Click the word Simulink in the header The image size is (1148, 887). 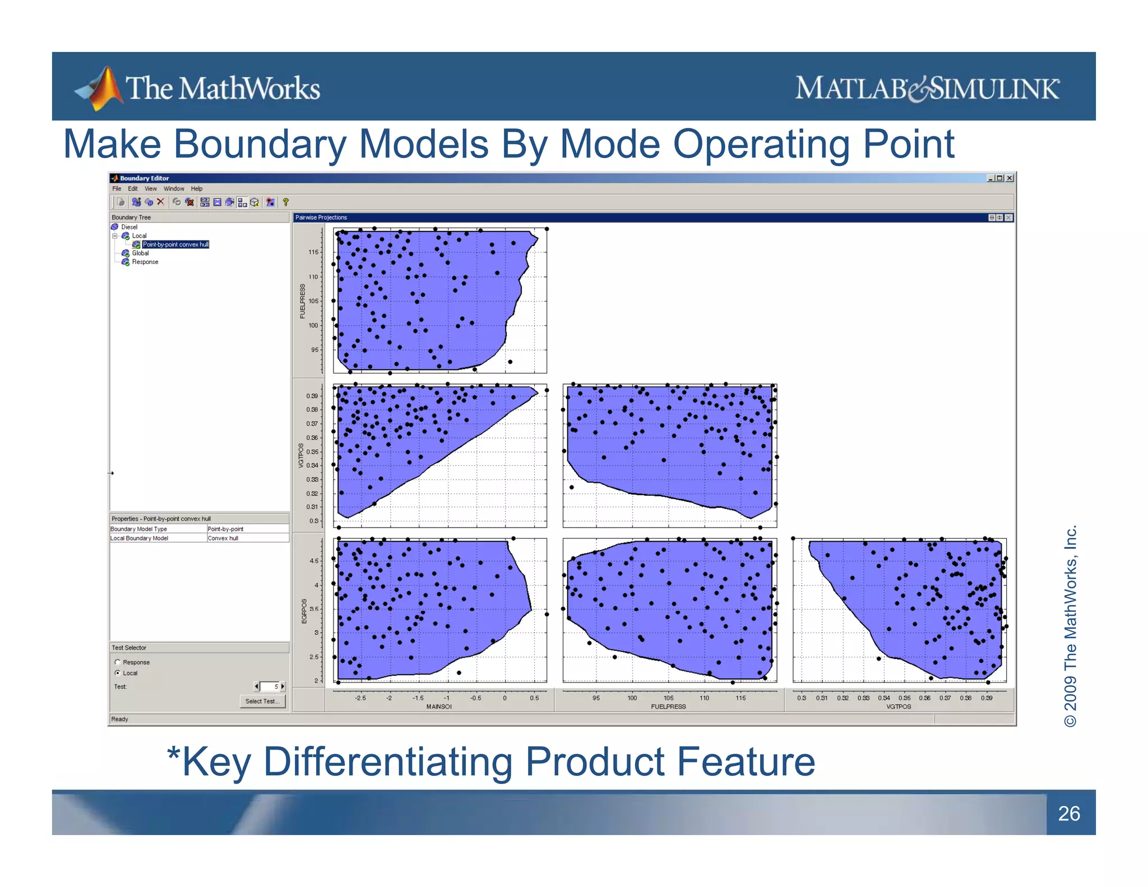[x=995, y=89]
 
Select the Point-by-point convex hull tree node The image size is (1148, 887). [x=175, y=244]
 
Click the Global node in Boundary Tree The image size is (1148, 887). [x=140, y=253]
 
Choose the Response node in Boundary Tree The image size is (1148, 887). [x=145, y=262]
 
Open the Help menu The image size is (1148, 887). [x=196, y=189]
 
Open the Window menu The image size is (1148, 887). [x=174, y=189]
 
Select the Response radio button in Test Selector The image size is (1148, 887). [x=118, y=662]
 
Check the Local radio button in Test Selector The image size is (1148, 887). [x=118, y=673]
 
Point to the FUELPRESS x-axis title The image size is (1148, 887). [x=668, y=706]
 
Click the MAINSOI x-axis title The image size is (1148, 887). [x=439, y=706]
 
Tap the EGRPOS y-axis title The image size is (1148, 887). [x=304, y=611]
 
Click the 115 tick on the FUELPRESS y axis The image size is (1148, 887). [x=313, y=252]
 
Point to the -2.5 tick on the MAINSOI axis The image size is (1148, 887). [x=360, y=698]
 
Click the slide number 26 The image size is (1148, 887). [x=1069, y=814]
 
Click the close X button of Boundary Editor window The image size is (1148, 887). [x=1010, y=178]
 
